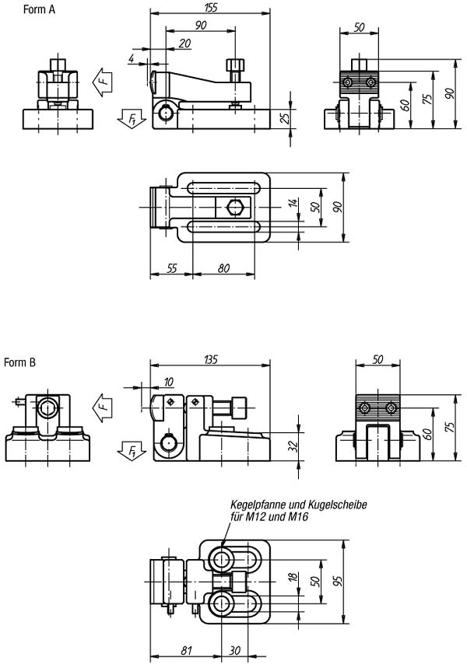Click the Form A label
pos(39,9)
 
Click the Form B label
pos(20,362)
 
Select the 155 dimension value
pos(210,8)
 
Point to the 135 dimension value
pos(210,359)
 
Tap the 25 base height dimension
pos(286,117)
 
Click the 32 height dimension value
pos(293,446)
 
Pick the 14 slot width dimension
pos(293,202)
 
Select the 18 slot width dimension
pos(293,578)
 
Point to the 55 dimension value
pos(172,268)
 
